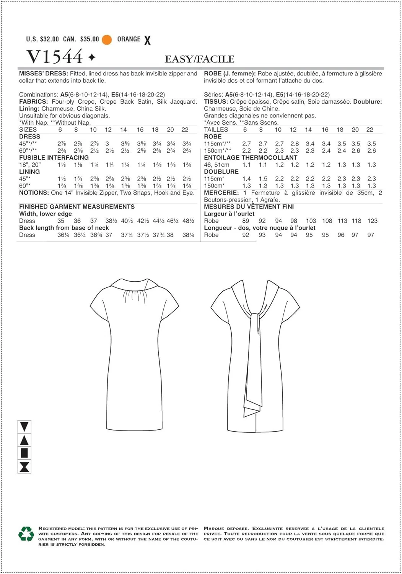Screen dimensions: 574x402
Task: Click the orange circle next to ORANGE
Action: click(107, 39)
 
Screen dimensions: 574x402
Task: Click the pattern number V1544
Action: click(55, 57)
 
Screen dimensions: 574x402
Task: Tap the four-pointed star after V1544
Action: click(92, 57)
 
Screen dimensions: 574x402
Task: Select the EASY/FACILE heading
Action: click(199, 59)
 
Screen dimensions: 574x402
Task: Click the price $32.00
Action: click(49, 39)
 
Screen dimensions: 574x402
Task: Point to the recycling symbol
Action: click(26, 534)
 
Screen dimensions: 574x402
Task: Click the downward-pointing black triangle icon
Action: click(24, 426)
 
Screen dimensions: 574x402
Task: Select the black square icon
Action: click(24, 453)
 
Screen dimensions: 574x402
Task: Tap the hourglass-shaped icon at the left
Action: click(24, 467)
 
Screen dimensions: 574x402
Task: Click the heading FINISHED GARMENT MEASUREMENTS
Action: click(77, 207)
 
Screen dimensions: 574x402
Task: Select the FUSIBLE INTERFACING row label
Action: click(54, 158)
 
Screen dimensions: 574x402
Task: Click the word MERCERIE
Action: click(221, 193)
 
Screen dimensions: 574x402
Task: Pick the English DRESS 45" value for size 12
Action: click(107, 144)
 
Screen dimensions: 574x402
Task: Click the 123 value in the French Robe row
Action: click(372, 221)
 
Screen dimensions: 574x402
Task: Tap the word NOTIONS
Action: click(34, 193)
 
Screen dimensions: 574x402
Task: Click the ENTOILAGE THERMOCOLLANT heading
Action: click(251, 158)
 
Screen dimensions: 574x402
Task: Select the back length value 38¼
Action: click(188, 235)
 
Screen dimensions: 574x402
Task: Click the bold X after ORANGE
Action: click(147, 40)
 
